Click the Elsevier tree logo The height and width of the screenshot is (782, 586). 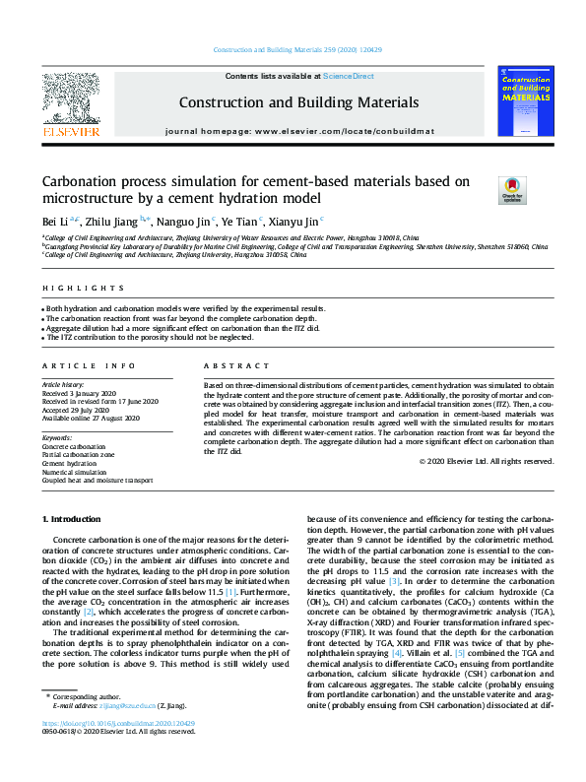(x=70, y=102)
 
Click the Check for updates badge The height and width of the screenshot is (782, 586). (x=485, y=187)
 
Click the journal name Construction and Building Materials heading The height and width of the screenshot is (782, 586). (x=298, y=101)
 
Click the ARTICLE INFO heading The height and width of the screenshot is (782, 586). (x=76, y=365)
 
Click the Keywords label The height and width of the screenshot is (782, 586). (x=57, y=436)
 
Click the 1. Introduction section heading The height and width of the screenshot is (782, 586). (x=75, y=518)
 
